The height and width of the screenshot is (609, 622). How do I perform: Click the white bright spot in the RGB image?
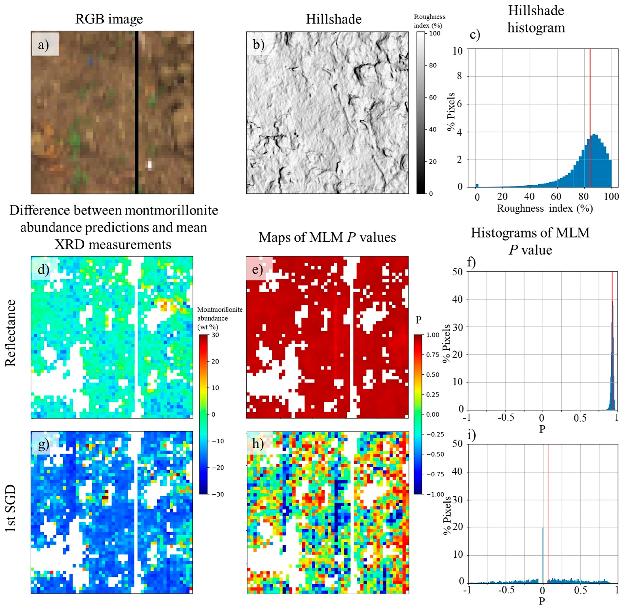149,165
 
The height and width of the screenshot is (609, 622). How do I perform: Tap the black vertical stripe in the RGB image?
137,112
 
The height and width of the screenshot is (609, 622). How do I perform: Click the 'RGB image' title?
109,19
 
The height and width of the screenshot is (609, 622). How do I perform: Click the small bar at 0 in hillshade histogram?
477,185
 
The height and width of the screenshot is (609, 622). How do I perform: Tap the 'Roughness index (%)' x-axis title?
545,209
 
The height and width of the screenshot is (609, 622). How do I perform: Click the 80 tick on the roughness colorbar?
432,65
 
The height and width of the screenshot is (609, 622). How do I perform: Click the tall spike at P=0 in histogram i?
543,556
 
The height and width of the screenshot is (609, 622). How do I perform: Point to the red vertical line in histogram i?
548,512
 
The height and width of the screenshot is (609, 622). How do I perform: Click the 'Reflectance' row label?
11,333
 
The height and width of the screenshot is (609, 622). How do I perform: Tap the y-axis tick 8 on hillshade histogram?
459,76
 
